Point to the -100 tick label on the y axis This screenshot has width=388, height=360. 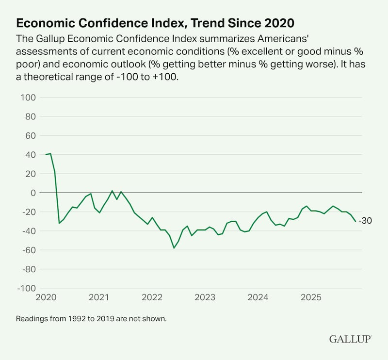[27, 288]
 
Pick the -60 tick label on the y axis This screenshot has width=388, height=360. [29, 250]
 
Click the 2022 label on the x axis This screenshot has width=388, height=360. [152, 297]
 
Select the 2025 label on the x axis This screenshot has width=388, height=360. [311, 297]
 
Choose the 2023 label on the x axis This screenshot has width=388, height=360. [205, 297]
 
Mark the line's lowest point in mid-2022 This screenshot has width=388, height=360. [174, 248]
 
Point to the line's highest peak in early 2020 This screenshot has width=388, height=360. [50, 153]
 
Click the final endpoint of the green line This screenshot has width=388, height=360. [356, 221]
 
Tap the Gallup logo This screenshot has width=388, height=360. [350, 339]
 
